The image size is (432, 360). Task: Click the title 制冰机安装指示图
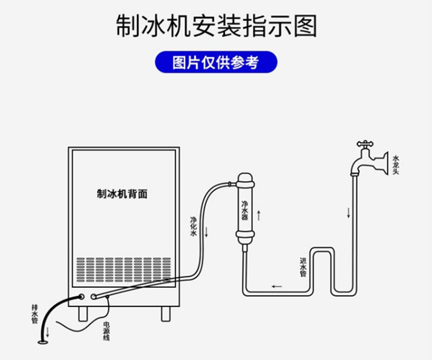216,26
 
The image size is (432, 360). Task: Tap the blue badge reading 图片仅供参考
215,63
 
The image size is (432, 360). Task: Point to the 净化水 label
193,226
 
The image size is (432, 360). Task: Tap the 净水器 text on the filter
245,209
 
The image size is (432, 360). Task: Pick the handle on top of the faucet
365,145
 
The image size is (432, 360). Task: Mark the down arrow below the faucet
348,211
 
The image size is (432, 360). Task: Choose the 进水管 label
302,267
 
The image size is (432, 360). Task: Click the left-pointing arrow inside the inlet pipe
277,286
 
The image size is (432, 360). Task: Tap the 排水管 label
34,314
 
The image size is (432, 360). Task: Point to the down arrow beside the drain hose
48,331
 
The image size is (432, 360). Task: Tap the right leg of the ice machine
166,312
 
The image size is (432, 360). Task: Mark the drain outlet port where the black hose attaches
81,297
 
